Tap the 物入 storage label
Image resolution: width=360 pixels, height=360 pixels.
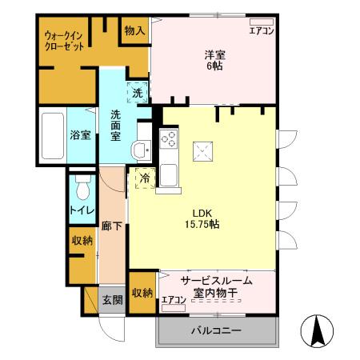(134, 30)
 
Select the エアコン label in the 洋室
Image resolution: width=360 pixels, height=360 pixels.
(261, 30)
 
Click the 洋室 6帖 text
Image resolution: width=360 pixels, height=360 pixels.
(213, 60)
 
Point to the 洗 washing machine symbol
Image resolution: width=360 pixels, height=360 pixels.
(138, 92)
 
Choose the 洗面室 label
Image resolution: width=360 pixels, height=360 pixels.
(116, 125)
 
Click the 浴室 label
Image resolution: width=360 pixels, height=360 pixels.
(78, 134)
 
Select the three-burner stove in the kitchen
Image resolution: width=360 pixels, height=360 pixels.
(170, 138)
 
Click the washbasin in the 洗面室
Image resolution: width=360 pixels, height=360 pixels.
(141, 149)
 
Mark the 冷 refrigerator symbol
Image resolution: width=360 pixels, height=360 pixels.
(144, 178)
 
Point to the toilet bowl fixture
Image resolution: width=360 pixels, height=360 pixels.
(81, 189)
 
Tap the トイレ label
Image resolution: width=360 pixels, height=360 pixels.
(79, 210)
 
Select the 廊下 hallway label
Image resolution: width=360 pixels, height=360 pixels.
(111, 226)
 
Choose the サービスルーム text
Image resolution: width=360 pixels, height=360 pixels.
(216, 280)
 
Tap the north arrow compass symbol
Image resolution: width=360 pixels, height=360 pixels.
(314, 330)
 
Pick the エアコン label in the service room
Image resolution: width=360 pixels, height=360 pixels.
(174, 300)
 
